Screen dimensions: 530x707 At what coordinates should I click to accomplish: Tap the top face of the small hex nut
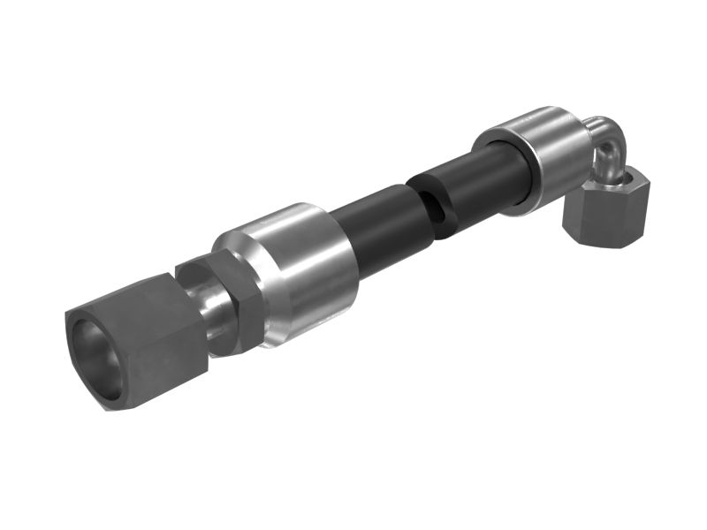(x=619, y=181)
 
